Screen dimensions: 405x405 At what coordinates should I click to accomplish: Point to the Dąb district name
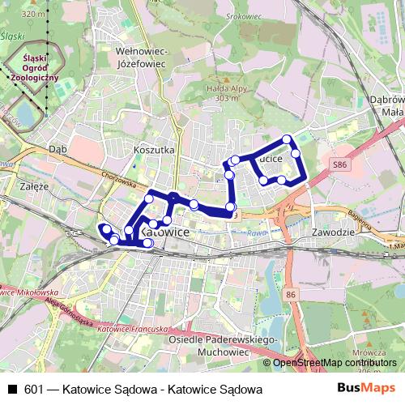tap(58, 149)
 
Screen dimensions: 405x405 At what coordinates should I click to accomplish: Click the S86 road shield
tap(341, 164)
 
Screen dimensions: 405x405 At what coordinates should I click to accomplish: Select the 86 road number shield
tap(291, 295)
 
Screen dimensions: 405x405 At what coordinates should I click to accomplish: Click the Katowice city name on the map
tap(165, 232)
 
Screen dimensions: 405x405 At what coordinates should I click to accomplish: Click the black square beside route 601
tap(11, 390)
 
